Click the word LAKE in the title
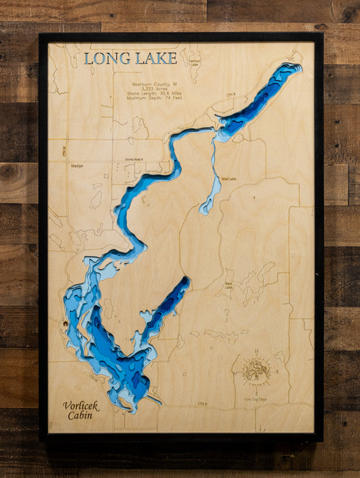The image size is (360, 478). point(155,59)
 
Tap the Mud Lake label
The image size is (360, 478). point(228,179)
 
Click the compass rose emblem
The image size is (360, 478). point(257,371)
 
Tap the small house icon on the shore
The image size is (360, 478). point(66,323)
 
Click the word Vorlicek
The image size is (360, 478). point(81,406)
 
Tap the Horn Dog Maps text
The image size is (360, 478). point(255,398)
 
